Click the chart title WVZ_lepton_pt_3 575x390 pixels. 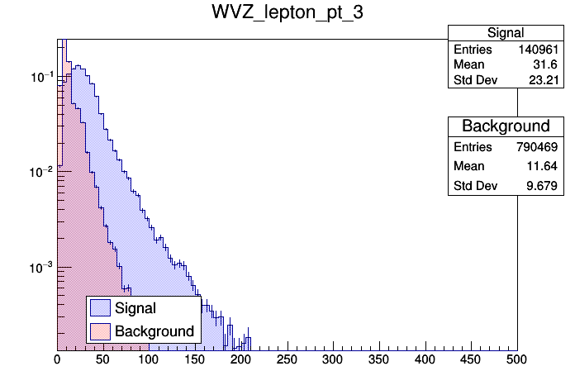click(287, 15)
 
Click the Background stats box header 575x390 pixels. click(506, 126)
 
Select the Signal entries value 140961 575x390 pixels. click(540, 50)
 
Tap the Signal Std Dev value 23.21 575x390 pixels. click(544, 80)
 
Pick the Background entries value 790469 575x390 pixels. click(540, 146)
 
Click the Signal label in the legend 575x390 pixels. click(135, 309)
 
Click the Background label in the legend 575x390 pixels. click(154, 331)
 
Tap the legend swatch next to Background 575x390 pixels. click(101, 331)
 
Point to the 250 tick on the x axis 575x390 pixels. click(287, 359)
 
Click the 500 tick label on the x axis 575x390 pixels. click(517, 359)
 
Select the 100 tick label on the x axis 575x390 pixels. click(150, 359)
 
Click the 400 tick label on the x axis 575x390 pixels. click(425, 359)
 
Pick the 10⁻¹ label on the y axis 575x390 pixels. click(42, 77)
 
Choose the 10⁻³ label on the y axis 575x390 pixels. click(42, 267)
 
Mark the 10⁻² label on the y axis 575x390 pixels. click(42, 172)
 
